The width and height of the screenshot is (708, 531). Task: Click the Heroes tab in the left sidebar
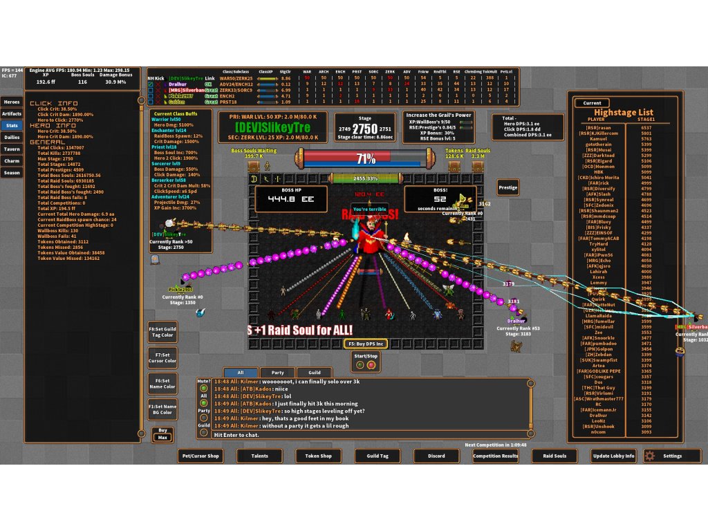[x=12, y=102]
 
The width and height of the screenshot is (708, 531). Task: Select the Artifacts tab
[x=12, y=114]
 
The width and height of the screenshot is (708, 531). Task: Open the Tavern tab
[x=12, y=149]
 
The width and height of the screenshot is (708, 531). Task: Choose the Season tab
[x=12, y=173]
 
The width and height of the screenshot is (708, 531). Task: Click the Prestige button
[x=508, y=187]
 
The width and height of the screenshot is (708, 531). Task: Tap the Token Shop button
[x=318, y=456]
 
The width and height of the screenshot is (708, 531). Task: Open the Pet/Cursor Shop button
[x=200, y=456]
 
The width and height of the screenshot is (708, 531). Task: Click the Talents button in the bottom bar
[x=259, y=456]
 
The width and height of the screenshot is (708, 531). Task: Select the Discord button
[x=436, y=456]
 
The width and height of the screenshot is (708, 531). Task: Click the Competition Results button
[x=496, y=456]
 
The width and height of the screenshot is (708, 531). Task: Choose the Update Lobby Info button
[x=613, y=456]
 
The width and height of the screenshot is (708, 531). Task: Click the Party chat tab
[x=277, y=373]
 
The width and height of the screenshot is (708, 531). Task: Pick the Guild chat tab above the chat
[x=315, y=373]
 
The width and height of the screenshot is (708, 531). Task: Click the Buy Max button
[x=162, y=434]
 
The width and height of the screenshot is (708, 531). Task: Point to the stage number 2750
[x=365, y=129]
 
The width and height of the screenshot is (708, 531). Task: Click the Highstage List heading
[x=624, y=112]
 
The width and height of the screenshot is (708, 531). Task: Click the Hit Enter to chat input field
[x=360, y=435]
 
